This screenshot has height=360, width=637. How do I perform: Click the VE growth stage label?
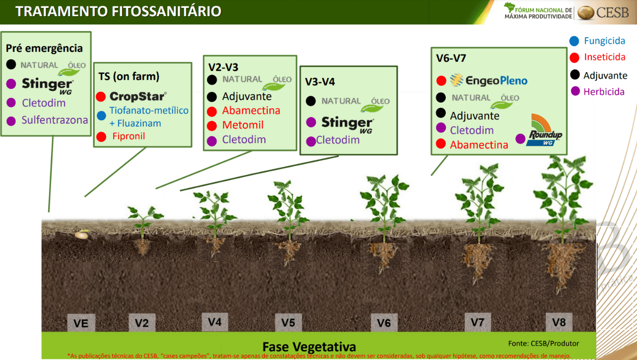pyautogui.click(x=81, y=323)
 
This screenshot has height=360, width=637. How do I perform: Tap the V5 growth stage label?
pyautogui.click(x=288, y=322)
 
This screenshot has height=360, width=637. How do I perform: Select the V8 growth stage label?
pyautogui.click(x=559, y=322)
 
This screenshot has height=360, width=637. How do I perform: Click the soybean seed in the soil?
pyautogui.click(x=81, y=234)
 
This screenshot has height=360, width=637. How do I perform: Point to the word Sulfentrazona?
pyautogui.click(x=55, y=120)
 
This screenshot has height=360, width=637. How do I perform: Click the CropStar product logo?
pyautogui.click(x=138, y=97)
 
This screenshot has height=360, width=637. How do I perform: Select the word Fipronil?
pyautogui.click(x=128, y=136)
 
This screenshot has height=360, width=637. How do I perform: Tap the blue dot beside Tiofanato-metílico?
pyautogui.click(x=101, y=116)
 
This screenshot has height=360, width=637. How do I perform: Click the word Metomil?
pyautogui.click(x=243, y=125)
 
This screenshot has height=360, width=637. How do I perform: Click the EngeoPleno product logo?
pyautogui.click(x=489, y=80)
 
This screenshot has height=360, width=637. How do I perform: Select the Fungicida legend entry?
pyautogui.click(x=597, y=41)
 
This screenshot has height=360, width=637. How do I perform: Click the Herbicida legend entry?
pyautogui.click(x=597, y=92)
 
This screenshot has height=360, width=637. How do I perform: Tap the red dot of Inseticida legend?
pyautogui.click(x=574, y=57)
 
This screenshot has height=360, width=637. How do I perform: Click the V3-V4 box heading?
pyautogui.click(x=320, y=82)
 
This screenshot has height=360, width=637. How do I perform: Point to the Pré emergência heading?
pyautogui.click(x=44, y=49)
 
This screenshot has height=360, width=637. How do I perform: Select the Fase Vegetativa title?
pyautogui.click(x=309, y=347)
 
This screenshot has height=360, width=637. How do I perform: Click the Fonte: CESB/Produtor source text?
pyautogui.click(x=543, y=343)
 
